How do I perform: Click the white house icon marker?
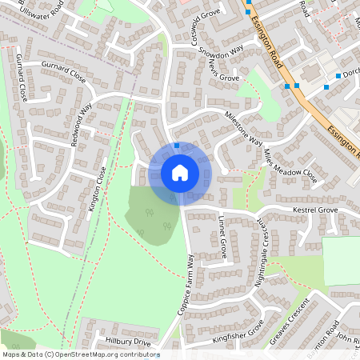click(179, 173)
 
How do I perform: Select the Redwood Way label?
click(82, 126)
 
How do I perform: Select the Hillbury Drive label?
click(128, 342)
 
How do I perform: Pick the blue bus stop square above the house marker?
click(177, 146)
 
